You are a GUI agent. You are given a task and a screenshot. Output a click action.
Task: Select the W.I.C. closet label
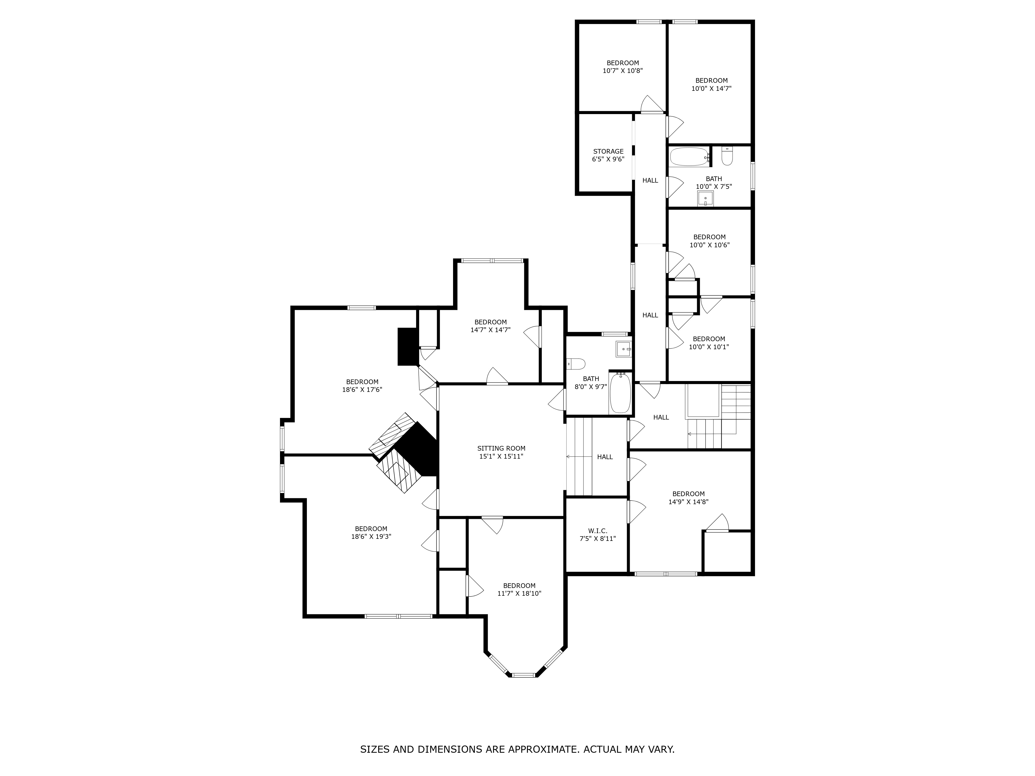click(597, 535)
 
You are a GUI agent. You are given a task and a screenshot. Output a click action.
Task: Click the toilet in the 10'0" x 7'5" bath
click(727, 156)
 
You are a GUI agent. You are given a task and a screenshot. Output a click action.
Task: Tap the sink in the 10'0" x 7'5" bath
click(705, 199)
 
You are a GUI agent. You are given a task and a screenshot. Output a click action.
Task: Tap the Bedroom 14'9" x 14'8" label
click(688, 498)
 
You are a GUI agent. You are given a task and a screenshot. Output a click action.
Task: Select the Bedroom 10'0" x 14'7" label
click(711, 84)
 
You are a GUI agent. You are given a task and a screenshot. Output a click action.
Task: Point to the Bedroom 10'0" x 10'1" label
click(709, 343)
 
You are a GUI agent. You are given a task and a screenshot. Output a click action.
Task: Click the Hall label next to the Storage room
click(650, 180)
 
